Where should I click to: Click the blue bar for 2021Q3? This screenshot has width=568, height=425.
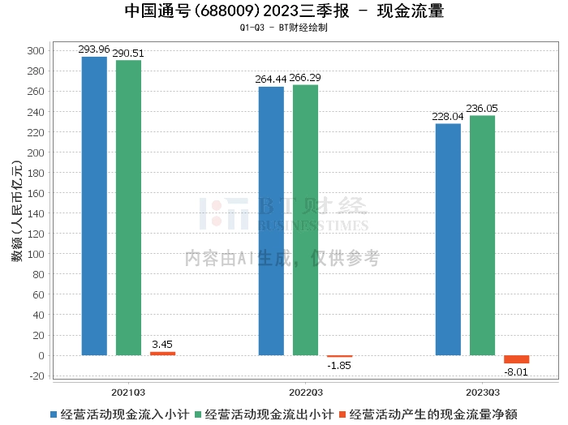[94, 206]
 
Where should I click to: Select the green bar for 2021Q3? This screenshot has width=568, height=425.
[128, 208]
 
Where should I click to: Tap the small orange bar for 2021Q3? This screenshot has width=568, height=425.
[162, 354]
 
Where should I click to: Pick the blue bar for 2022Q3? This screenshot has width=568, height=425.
[271, 221]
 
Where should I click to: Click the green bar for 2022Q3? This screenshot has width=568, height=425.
[305, 220]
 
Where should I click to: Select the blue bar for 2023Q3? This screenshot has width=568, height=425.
[448, 239]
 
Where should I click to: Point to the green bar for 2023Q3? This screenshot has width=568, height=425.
[482, 236]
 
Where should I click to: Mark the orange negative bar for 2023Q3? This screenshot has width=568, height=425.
[517, 359]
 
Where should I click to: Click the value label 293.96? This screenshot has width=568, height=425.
[94, 49]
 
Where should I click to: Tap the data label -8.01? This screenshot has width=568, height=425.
[516, 372]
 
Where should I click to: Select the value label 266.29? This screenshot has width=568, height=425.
[305, 78]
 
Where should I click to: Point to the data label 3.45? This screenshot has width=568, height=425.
[162, 344]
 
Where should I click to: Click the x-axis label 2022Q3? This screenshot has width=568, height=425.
[306, 393]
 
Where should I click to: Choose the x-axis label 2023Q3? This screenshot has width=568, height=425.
[483, 393]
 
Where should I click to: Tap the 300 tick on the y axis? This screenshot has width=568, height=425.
[36, 50]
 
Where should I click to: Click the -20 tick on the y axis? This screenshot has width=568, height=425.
[37, 376]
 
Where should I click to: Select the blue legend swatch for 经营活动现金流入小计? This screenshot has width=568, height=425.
[54, 414]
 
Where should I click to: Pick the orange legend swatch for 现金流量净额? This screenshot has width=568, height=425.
[342, 414]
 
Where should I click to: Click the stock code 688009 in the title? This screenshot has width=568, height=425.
[227, 11]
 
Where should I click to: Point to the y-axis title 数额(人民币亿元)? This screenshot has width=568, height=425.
[17, 211]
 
